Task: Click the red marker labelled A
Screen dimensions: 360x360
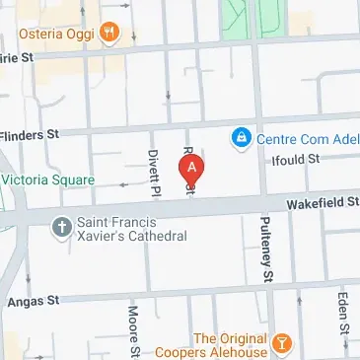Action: coord(191,169)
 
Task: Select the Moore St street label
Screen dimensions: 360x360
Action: coord(134,331)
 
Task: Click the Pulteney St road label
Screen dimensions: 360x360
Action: coord(266,252)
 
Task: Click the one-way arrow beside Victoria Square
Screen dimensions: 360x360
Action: coord(124,184)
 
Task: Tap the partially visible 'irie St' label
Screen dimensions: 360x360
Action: coord(18,58)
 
